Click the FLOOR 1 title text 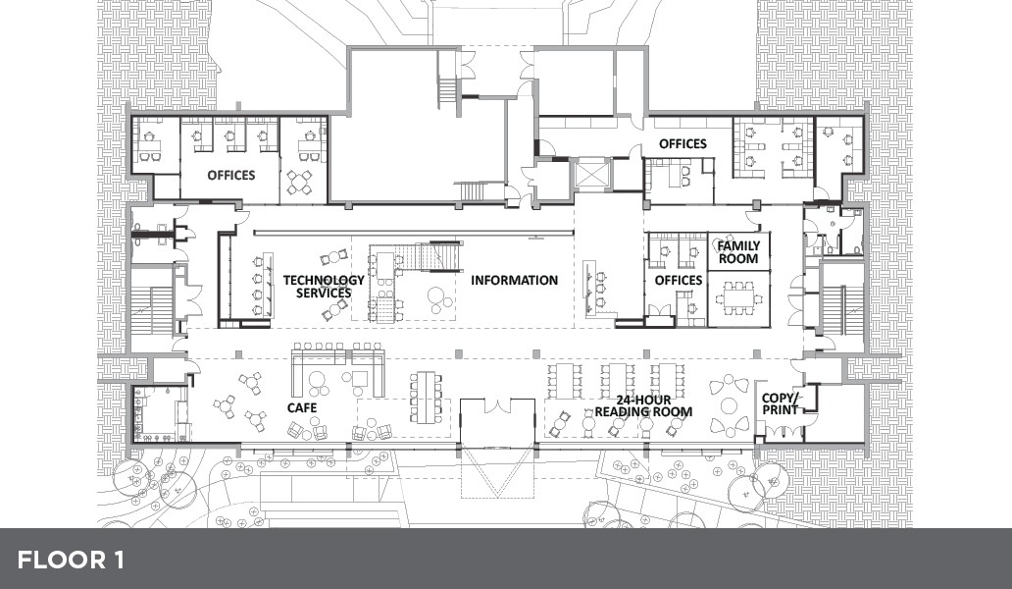[x=71, y=560]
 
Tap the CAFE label [x=302, y=407]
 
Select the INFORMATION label [x=515, y=281]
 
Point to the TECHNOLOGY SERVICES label [x=324, y=287]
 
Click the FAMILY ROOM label [x=738, y=252]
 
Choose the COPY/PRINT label [x=781, y=403]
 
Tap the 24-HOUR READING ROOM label [x=643, y=405]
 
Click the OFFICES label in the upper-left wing [x=231, y=175]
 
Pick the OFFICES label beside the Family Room [x=679, y=281]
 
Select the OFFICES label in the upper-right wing [x=683, y=144]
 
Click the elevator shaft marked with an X [x=590, y=173]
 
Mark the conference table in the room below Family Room [x=738, y=297]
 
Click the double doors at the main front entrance [x=497, y=406]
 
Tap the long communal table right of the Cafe [x=426, y=396]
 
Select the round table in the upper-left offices [x=299, y=183]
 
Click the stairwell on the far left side [x=155, y=310]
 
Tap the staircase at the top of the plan [x=448, y=92]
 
